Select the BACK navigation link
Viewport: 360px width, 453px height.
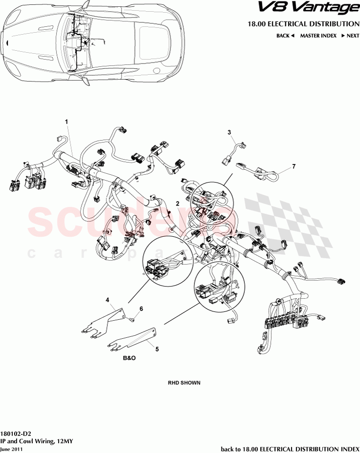(285, 36)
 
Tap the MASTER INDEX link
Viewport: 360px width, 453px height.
(318, 36)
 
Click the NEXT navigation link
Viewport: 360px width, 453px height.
(350, 36)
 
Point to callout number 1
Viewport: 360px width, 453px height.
(67, 121)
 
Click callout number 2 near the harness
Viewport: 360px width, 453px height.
(178, 203)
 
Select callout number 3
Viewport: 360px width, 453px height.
(229, 132)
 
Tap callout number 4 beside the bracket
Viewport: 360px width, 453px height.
(107, 299)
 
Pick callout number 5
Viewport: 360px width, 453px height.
(157, 349)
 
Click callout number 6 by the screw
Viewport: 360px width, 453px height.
(141, 309)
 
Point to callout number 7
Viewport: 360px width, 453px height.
(294, 166)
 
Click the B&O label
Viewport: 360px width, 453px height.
(129, 358)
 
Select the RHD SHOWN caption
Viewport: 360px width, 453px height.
(184, 383)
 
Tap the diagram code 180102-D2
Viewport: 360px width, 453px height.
(16, 433)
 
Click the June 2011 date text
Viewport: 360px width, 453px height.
(11, 449)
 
